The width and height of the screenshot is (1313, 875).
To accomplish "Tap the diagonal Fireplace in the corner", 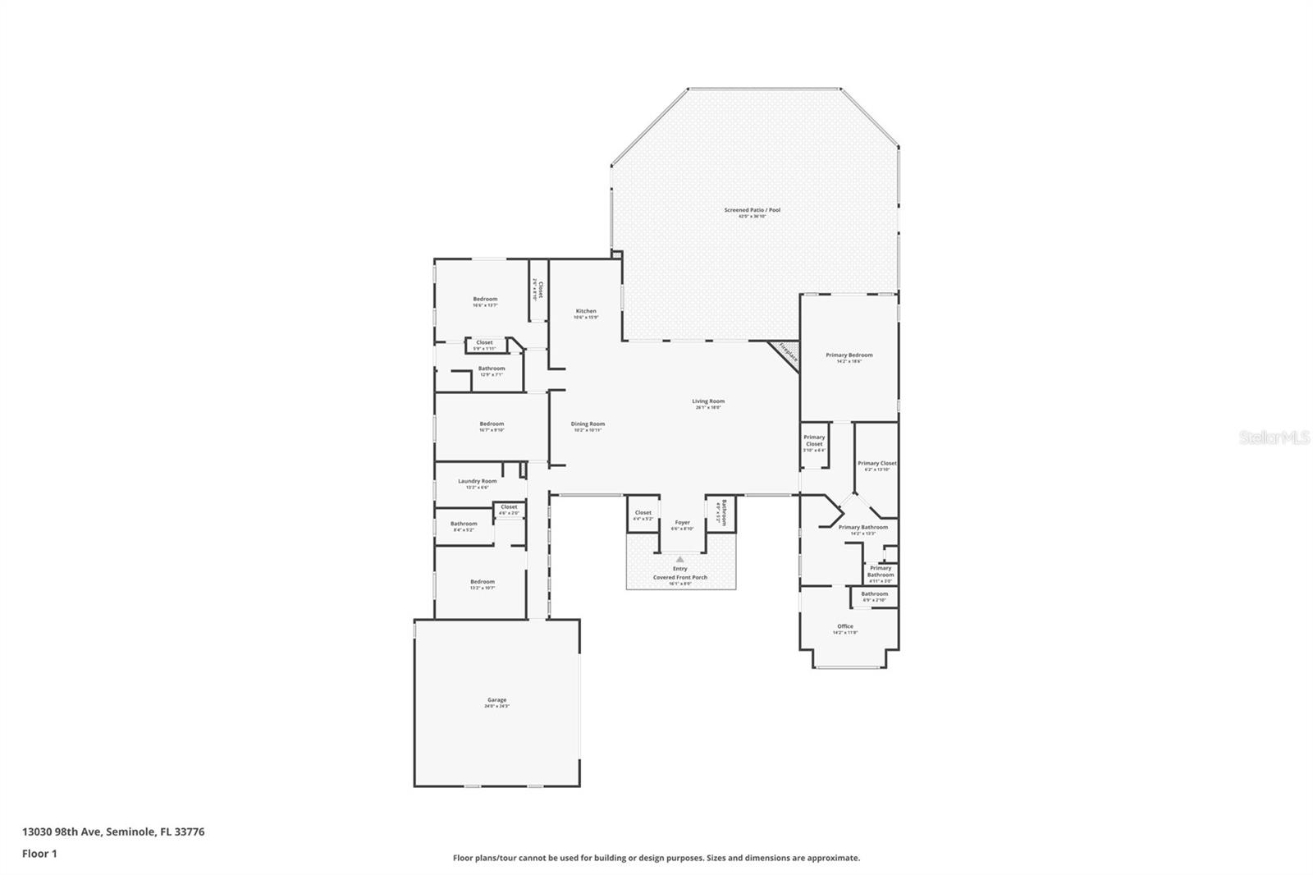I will tap(787, 353).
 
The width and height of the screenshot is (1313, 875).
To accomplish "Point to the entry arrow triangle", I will tap(679, 559).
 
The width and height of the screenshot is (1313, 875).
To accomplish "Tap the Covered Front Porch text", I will tap(679, 577).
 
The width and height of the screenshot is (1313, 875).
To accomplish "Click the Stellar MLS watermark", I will tap(1274, 438).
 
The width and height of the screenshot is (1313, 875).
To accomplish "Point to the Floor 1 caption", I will tap(39, 854).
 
